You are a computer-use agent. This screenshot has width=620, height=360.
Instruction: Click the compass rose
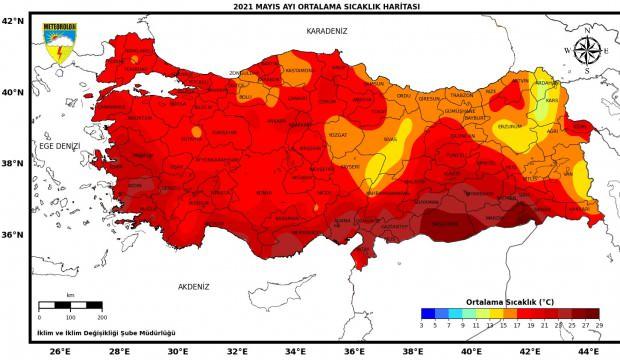[586, 49]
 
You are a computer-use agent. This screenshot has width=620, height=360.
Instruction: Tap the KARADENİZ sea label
[327, 31]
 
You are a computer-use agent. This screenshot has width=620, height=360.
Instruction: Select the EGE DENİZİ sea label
[59, 146]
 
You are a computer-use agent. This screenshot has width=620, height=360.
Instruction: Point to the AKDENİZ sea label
[194, 286]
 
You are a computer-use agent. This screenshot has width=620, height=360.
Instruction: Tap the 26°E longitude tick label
[60, 351]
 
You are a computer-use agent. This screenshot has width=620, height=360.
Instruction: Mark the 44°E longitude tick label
[587, 351]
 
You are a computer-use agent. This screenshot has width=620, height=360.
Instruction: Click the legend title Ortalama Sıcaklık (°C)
[510, 300]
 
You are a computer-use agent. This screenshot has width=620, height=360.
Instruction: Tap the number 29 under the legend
[599, 325]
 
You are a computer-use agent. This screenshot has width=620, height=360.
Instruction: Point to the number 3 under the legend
[421, 325]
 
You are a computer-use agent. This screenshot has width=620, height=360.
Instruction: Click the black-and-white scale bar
[70, 304]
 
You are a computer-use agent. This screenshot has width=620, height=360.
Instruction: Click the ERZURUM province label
[511, 127]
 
